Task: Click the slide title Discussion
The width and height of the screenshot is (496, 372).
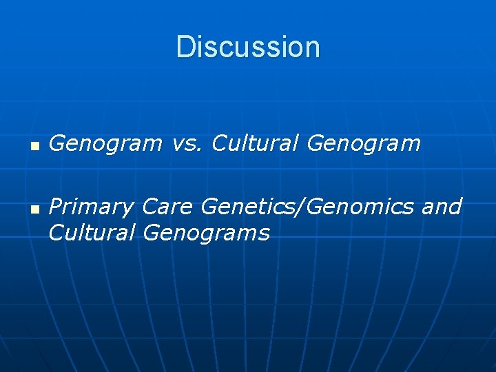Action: [x=248, y=47]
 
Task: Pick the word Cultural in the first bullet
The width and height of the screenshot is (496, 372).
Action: [x=256, y=143]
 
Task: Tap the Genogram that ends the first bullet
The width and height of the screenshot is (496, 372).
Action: [x=363, y=144]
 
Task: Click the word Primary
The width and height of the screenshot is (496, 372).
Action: [x=91, y=207]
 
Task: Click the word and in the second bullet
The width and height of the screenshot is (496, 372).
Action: [x=441, y=206]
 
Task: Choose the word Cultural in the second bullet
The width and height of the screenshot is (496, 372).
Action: [x=92, y=233]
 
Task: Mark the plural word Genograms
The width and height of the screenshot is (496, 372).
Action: [x=206, y=234]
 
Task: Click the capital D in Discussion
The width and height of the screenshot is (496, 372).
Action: [x=183, y=47]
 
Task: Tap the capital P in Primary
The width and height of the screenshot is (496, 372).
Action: [x=55, y=206]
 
